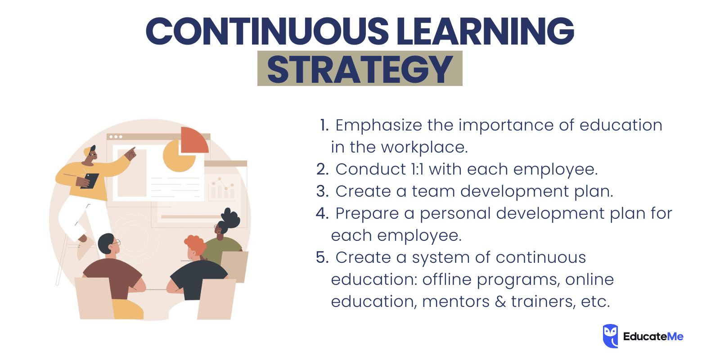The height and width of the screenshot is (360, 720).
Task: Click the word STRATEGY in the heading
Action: [360, 69]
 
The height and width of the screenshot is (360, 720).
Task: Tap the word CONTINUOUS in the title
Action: [267, 31]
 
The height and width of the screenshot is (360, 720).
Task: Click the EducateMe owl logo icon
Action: [610, 336]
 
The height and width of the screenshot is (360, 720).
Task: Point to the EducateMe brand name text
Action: [653, 337]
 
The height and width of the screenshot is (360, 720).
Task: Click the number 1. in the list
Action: [324, 125]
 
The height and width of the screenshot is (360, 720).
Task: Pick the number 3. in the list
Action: [323, 191]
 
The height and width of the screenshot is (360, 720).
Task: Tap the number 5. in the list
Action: [323, 257]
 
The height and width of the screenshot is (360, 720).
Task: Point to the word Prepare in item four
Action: [367, 213]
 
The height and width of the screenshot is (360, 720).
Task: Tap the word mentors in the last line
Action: [456, 301]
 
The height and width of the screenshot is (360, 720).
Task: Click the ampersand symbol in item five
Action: [500, 301]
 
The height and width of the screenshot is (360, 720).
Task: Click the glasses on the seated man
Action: [116, 243]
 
